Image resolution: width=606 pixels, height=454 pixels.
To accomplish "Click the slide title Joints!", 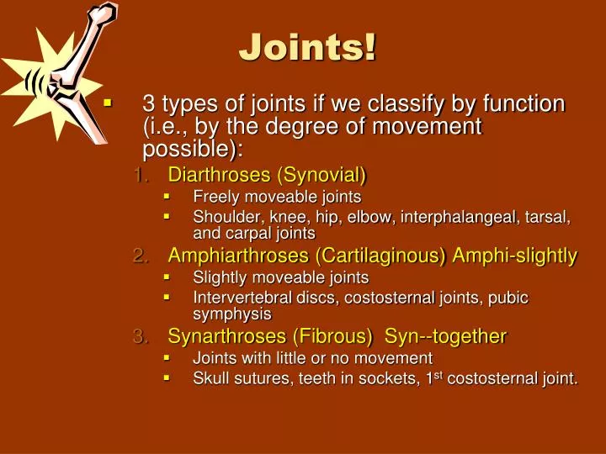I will [x=307, y=47].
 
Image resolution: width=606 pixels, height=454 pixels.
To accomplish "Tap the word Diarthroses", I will [x=221, y=175].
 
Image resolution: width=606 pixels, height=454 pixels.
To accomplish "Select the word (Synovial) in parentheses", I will [x=322, y=175].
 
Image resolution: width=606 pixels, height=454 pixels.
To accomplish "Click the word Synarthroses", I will [x=227, y=336].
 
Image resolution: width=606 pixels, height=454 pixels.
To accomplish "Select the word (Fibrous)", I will [x=332, y=336].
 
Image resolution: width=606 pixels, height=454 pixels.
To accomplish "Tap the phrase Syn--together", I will [x=445, y=336].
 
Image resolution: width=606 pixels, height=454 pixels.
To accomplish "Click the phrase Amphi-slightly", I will [x=514, y=256].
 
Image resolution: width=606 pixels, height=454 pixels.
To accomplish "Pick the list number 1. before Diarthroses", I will [x=141, y=175].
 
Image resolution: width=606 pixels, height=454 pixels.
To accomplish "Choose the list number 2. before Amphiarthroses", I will [x=141, y=256].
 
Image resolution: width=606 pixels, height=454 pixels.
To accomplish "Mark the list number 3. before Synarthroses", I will [x=141, y=336].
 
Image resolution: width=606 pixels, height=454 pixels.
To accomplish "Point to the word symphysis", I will [x=232, y=314].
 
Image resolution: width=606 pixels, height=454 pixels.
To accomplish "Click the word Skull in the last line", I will [x=210, y=378].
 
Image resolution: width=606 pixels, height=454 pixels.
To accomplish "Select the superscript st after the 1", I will [x=438, y=374].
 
